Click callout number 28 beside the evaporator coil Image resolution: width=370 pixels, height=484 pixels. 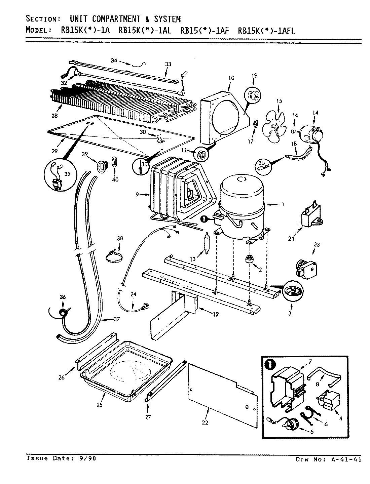point(54,116)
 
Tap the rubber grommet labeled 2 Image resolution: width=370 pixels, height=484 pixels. point(250,260)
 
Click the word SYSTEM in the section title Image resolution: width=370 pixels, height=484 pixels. point(167,19)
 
